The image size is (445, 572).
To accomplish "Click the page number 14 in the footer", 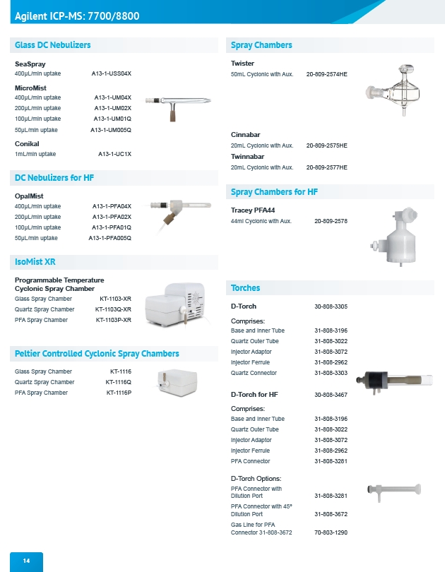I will pos(26,561).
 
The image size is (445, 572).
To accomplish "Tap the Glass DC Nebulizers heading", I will pos(53,45).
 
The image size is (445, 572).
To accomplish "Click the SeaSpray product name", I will pos(30,64).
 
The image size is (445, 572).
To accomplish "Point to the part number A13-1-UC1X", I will pos(114,154).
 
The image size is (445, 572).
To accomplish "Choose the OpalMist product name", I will pos(29,196).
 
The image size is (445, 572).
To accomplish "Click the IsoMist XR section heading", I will pos(35,262).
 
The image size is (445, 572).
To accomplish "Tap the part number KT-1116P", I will pos(119,393).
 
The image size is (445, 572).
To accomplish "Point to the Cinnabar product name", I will pos(245,135).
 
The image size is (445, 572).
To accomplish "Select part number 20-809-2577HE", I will pos(326,167).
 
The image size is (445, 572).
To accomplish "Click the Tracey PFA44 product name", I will pos(253,210).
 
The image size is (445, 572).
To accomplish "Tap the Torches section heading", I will pos(245,288).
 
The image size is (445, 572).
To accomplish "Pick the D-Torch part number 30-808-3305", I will pos(331,306).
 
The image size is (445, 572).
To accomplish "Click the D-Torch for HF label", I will pos(254,394).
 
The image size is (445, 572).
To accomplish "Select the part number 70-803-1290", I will pos(331,532).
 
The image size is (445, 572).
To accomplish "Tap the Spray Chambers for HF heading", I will pos(274,192).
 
